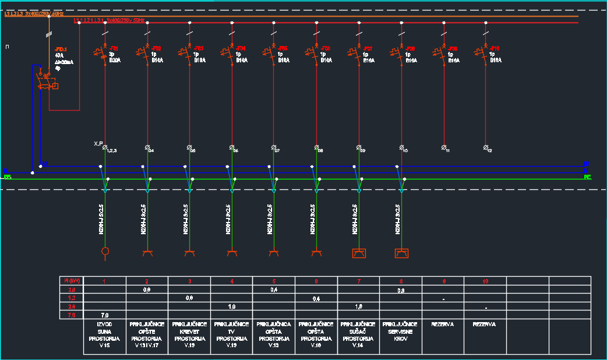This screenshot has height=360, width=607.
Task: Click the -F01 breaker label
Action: click(x=114, y=48)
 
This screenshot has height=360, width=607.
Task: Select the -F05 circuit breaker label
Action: click(x=283, y=48)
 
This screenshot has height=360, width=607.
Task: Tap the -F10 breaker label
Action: click(x=494, y=48)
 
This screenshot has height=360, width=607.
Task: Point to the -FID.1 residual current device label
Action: click(x=61, y=50)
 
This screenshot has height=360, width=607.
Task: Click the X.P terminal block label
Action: click(x=98, y=143)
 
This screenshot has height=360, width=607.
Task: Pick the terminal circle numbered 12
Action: click(x=486, y=147)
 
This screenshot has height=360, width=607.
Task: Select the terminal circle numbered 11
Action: click(x=444, y=147)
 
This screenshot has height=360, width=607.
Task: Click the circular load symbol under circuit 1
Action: click(x=105, y=252)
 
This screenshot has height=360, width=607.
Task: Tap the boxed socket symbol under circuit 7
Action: click(x=359, y=253)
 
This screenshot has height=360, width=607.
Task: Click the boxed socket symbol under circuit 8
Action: click(x=401, y=253)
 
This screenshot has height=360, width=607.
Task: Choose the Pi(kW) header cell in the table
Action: click(x=72, y=281)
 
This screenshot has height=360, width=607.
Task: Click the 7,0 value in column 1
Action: click(x=105, y=315)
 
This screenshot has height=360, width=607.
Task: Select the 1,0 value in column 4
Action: click(x=231, y=306)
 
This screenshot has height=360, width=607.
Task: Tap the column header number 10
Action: click(x=485, y=281)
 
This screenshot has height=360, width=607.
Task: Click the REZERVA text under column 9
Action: click(x=443, y=324)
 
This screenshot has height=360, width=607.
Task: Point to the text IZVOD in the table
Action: click(x=105, y=324)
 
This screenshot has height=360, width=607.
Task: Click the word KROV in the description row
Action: click(x=401, y=338)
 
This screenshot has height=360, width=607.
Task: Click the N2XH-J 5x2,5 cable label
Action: click(x=101, y=220)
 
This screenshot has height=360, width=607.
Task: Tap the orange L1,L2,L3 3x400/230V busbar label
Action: click(x=34, y=13)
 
